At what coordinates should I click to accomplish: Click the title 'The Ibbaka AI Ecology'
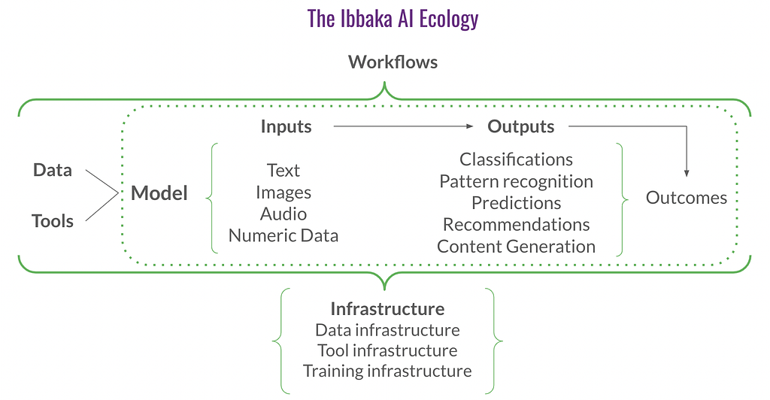(x=393, y=19)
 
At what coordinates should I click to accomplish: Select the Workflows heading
(x=393, y=62)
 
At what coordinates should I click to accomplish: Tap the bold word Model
(x=159, y=193)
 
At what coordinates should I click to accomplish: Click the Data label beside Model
(x=53, y=170)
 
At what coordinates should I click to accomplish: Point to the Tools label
(x=53, y=221)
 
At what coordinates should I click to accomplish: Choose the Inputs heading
(x=286, y=126)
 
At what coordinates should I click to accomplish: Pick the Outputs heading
(x=521, y=126)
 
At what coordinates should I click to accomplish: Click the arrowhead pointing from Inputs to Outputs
(x=470, y=126)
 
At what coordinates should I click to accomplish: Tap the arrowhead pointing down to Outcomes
(x=687, y=173)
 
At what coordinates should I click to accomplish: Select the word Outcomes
(x=687, y=197)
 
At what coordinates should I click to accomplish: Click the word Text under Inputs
(x=283, y=171)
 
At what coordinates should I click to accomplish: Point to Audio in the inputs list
(x=283, y=214)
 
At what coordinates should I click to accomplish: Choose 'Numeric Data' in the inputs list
(x=283, y=235)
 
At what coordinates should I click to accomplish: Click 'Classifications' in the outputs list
(x=516, y=159)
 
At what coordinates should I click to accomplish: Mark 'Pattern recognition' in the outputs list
(x=516, y=182)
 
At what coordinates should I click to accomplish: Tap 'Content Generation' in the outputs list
(x=516, y=247)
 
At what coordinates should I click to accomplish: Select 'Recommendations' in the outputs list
(x=516, y=224)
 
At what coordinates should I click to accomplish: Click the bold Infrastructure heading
(x=387, y=309)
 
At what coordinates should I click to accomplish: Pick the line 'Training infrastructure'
(x=387, y=371)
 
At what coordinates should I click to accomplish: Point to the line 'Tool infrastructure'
(x=387, y=350)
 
